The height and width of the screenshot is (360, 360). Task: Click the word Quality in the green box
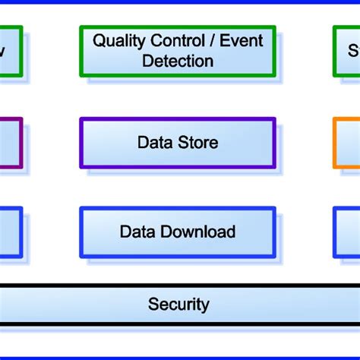click(x=116, y=41)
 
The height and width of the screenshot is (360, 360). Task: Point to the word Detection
click(x=178, y=61)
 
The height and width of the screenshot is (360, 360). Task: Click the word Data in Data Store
click(x=155, y=142)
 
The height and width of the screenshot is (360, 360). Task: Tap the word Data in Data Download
click(x=137, y=232)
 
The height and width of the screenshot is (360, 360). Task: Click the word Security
click(x=178, y=305)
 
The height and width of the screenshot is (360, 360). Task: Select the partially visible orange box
click(x=346, y=142)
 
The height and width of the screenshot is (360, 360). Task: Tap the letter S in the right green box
click(x=353, y=52)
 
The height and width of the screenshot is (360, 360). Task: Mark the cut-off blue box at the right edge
click(x=346, y=232)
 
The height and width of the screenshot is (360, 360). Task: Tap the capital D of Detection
click(x=148, y=61)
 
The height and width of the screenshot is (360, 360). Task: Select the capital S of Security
click(x=153, y=305)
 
